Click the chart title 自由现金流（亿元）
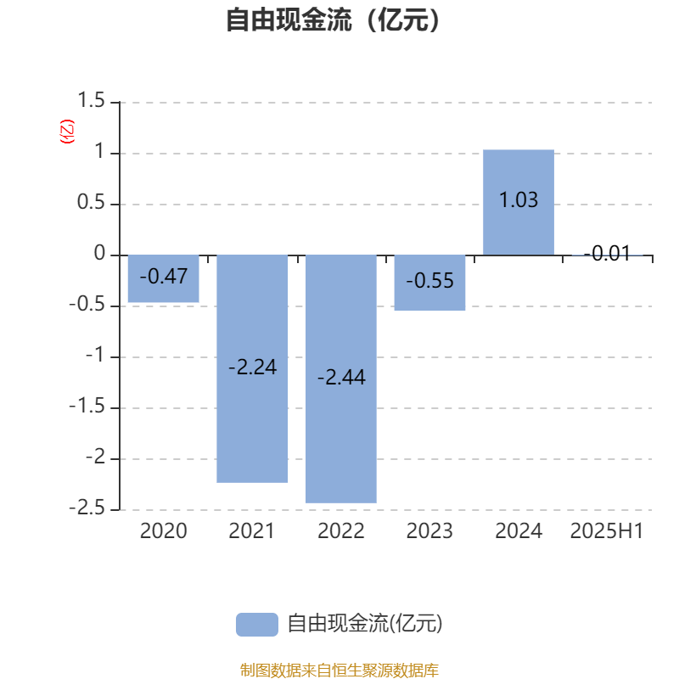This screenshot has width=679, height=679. tap(334, 20)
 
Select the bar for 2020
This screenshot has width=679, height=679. tap(163, 278)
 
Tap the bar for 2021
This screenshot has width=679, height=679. tap(252, 368)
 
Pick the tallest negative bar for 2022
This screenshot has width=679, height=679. tap(341, 379)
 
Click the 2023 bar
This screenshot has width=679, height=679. tap(429, 283)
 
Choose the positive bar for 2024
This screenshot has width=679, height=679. tap(519, 202)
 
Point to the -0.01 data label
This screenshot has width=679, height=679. tap(607, 253)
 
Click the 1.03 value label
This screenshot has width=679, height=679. tap(519, 200)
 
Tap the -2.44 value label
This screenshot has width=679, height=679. tap(341, 377)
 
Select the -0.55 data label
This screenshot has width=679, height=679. tap(429, 281)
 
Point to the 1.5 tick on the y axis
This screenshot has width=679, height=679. tap(91, 100)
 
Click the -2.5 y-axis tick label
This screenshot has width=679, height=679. tap(87, 508)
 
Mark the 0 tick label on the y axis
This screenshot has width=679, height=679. tap(99, 253)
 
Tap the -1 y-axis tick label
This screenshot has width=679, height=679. tap(95, 355)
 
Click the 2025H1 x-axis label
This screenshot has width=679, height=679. tap(607, 531)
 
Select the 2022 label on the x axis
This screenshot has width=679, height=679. tap(341, 531)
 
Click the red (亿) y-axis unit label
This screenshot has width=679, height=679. tap(67, 132)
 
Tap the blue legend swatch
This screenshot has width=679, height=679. tap(257, 625)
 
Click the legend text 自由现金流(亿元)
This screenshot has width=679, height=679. tap(365, 624)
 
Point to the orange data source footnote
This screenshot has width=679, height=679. tap(339, 671)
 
